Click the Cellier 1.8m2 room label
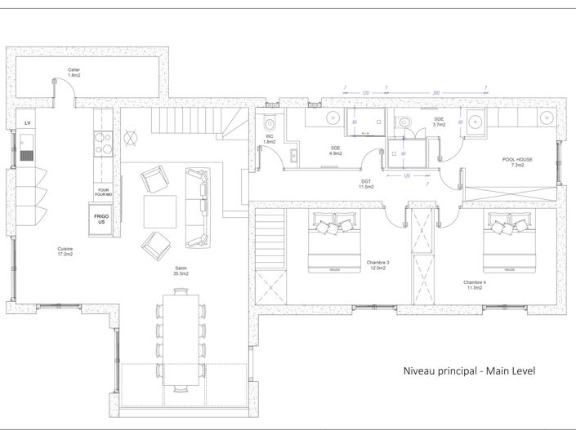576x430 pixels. click(74, 73)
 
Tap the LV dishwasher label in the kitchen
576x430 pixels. click(28, 122)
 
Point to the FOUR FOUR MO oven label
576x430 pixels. click(103, 193)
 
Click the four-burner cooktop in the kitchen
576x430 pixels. click(103, 144)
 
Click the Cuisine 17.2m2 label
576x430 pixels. click(65, 252)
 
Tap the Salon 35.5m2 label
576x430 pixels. click(181, 271)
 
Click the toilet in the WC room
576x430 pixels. click(270, 123)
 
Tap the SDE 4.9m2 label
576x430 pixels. click(335, 150)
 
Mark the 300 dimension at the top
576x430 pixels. click(435, 93)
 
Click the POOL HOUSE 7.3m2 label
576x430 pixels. click(517, 162)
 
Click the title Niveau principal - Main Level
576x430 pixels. click(469, 371)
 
